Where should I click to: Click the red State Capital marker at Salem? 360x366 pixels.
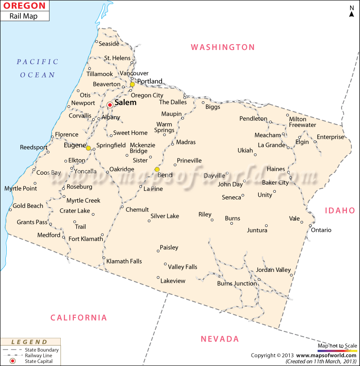[109, 105]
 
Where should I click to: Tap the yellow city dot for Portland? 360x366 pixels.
[132, 84]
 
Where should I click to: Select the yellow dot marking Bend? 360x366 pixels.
[157, 169]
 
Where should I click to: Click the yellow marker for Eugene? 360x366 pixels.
[88, 148]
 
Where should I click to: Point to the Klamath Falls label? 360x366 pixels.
[124, 261]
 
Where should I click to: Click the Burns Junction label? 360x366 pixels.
[237, 284]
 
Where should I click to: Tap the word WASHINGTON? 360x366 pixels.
[223, 47]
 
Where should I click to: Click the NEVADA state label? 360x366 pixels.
[220, 339]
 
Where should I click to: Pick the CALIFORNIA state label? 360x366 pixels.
[79, 318]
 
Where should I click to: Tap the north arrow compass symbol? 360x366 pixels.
[351, 11]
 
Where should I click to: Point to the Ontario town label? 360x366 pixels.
[321, 230]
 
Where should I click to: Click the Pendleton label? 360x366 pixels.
[253, 119]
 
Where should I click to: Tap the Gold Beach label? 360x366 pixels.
[28, 206]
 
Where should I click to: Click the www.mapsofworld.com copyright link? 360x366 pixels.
[327, 355]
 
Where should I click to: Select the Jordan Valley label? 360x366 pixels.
[273, 270]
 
